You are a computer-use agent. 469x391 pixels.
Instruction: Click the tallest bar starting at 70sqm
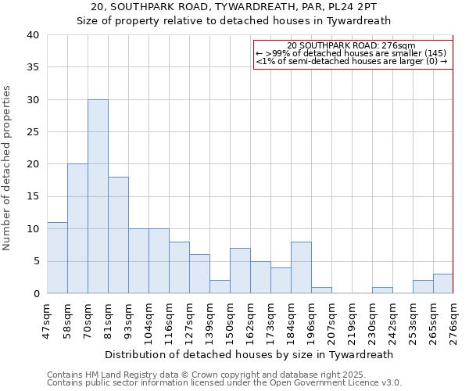pyautogui.click(x=98, y=196)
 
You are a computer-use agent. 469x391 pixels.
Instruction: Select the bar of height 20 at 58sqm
pyautogui.click(x=77, y=228)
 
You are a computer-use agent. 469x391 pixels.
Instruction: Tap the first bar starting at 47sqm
pyautogui.click(x=57, y=257)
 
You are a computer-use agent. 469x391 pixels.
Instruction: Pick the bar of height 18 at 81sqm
pyautogui.click(x=118, y=235)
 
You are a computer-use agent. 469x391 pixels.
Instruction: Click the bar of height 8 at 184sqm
pyautogui.click(x=301, y=267)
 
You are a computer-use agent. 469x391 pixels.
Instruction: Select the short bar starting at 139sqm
pyautogui.click(x=220, y=286)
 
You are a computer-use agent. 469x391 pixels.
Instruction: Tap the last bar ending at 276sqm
pyautogui.click(x=443, y=283)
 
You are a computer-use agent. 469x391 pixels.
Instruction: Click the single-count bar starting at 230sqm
pyautogui.click(x=382, y=290)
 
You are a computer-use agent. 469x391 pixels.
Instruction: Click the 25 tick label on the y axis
pyautogui.click(x=32, y=132)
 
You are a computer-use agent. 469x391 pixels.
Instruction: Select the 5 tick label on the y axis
pyautogui.click(x=35, y=261)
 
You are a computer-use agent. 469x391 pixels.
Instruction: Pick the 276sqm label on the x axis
pyautogui.click(x=453, y=321)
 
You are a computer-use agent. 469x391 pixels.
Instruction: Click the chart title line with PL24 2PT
pyautogui.click(x=234, y=6)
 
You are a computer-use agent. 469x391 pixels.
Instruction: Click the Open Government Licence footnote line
pyautogui.click(x=224, y=382)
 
